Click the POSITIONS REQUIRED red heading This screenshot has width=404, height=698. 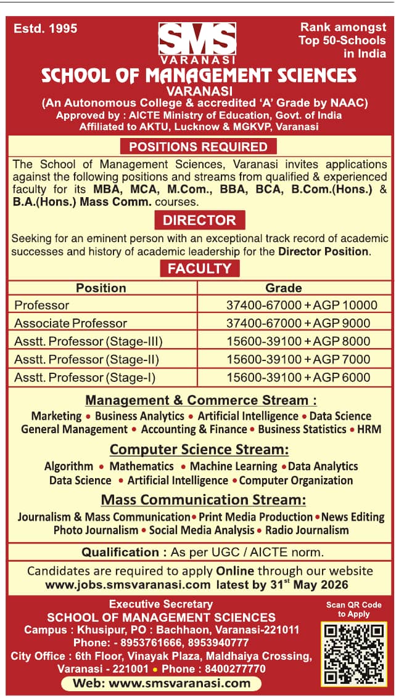pos(198,147)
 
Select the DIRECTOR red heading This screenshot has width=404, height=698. pos(199,220)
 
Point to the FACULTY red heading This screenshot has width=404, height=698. pos(199,268)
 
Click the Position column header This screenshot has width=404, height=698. pos(101,288)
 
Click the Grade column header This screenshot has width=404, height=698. pos(283,288)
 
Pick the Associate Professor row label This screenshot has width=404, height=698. pos(70,323)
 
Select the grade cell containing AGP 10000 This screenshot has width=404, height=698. pos(302,305)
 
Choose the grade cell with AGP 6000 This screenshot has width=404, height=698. pos(299,377)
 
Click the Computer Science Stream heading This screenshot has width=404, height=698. pos(199,449)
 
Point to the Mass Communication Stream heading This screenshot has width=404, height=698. pos(204,499)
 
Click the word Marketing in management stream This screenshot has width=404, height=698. pos(56,416)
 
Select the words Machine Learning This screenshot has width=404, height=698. pos(233,466)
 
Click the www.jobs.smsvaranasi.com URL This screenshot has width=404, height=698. pos(127,585)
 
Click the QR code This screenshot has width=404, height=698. pos(353,654)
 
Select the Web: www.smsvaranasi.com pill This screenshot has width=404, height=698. pos(162,683)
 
